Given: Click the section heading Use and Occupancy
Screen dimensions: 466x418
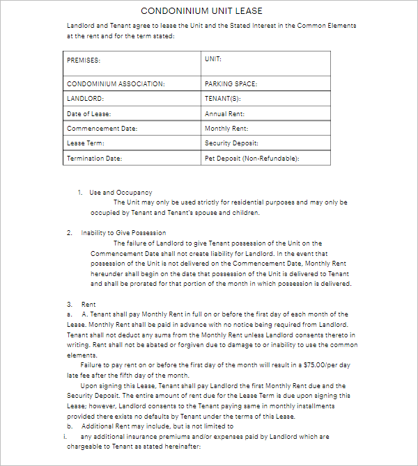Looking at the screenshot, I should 121,192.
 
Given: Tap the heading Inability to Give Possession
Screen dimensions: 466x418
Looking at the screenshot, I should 123,233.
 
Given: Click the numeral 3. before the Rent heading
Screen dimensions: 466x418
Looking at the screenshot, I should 70,305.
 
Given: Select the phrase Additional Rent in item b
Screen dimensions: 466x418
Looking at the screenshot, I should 103,426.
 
